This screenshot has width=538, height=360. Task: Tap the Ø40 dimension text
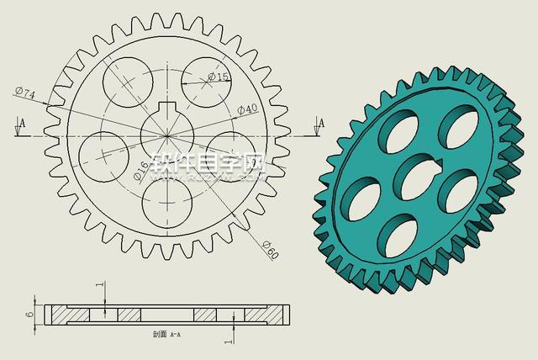pos(247,109)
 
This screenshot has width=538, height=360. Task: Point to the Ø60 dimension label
pos(270,250)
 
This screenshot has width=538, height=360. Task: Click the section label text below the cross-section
pos(166,334)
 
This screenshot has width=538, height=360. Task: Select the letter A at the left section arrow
pos(23,123)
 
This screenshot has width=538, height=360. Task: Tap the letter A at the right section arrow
pos(320,123)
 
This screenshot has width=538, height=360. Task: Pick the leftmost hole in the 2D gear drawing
pos(103,156)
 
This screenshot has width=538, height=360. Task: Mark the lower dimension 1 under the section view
pos(229,341)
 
